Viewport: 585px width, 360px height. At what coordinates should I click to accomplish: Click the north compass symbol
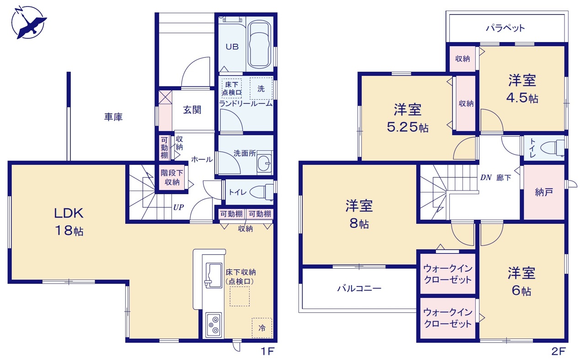tap(28, 23)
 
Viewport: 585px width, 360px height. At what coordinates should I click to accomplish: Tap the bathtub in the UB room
tap(259, 44)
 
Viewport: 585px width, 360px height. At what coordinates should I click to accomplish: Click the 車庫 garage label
tap(113, 116)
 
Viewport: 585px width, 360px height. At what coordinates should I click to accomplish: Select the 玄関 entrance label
tap(192, 110)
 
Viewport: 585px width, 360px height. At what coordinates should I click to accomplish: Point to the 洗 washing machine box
tap(261, 89)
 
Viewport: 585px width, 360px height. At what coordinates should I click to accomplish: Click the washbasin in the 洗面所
tap(264, 164)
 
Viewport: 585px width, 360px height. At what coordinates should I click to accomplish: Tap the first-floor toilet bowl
tap(261, 192)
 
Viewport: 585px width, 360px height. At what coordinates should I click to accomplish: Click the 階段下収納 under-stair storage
tap(172, 178)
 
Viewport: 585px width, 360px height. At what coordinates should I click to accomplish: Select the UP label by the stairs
tap(179, 207)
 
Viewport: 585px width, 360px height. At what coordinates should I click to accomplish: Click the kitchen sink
tap(213, 275)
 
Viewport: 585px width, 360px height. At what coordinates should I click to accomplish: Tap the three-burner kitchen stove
tap(213, 325)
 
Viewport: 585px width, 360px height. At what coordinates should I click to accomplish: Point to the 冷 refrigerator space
tap(262, 328)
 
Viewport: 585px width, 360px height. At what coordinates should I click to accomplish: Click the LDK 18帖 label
tap(69, 222)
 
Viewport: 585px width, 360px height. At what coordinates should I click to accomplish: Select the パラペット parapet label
tap(505, 28)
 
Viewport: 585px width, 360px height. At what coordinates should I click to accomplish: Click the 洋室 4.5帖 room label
tap(522, 89)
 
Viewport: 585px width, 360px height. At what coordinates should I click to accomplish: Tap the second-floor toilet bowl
tap(552, 148)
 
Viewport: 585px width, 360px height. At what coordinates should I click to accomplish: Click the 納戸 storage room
tap(544, 192)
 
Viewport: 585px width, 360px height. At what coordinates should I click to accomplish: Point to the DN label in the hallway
tap(486, 178)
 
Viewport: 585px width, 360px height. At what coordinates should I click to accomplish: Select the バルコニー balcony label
tap(359, 288)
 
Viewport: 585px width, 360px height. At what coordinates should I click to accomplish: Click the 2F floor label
tap(558, 351)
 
